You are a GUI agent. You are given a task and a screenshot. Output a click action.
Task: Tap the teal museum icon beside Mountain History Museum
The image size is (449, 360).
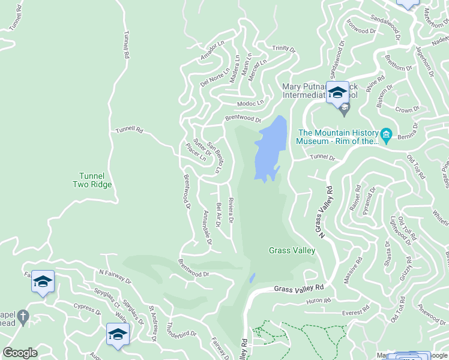point(387,134)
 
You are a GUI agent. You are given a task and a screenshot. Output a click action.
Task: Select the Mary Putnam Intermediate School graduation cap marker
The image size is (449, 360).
point(337,92)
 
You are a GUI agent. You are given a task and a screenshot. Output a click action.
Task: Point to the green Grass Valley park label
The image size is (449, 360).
point(292,251)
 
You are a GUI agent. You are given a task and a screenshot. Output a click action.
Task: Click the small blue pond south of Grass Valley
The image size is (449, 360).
point(253,278)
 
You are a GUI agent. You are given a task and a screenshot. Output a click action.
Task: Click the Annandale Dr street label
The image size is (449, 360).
point(208,227)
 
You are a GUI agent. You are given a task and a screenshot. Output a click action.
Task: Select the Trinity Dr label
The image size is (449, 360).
point(284,49)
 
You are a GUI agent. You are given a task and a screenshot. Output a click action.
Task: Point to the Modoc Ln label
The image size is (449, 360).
point(250,103)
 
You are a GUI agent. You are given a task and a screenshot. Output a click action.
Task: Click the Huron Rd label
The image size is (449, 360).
point(319,301)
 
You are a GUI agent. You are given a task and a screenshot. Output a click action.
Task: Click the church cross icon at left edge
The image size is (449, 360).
point(23,316)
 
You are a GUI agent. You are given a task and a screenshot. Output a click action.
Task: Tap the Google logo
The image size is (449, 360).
point(20,353)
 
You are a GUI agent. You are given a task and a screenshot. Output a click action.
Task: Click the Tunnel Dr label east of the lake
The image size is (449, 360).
point(322,157)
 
